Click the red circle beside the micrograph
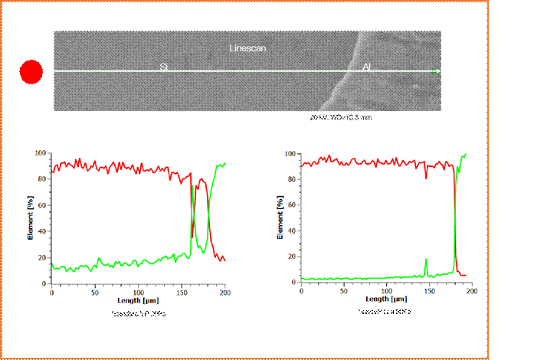point(31,72)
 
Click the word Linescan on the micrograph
point(247,48)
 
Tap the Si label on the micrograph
point(164,67)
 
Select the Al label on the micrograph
point(367,67)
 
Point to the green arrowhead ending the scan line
point(434,71)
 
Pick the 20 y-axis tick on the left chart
point(42,257)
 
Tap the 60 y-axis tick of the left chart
point(42,205)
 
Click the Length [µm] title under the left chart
point(138,299)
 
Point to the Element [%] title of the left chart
point(30,219)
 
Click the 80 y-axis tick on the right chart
point(292,179)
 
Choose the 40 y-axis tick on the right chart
point(292,231)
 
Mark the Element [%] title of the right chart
point(280,219)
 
